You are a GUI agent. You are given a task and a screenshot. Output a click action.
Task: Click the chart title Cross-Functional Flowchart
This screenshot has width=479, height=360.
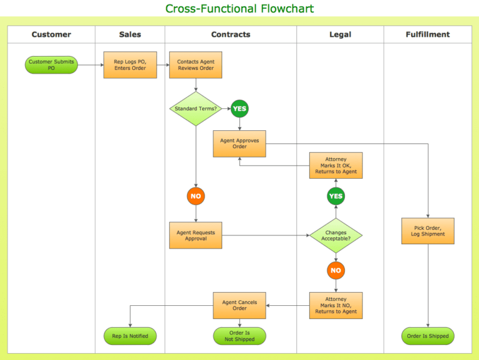pyautogui.click(x=239, y=9)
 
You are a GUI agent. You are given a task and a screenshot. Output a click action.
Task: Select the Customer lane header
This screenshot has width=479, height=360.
pyautogui.click(x=51, y=35)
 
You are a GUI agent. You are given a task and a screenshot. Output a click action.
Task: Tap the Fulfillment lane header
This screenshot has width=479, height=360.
pyautogui.click(x=427, y=35)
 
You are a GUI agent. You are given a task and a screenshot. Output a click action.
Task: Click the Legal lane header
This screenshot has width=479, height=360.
pyautogui.click(x=340, y=35)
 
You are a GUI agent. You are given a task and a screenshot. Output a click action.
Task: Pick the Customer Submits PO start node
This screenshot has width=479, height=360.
pyautogui.click(x=51, y=65)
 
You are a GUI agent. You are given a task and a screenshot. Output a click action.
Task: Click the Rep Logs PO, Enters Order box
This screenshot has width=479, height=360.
pyautogui.click(x=130, y=65)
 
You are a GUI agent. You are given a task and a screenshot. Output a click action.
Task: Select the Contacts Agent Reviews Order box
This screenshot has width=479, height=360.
pyautogui.click(x=195, y=65)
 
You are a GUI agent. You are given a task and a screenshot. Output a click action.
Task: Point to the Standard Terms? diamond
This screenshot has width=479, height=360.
pyautogui.click(x=195, y=108)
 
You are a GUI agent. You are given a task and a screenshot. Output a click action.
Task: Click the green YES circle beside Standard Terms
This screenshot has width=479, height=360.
pyautogui.click(x=239, y=108)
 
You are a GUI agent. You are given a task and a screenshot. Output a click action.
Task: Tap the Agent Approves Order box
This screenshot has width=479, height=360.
pyautogui.click(x=239, y=143)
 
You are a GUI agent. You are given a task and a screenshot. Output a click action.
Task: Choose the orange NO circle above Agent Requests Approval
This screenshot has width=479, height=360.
pyautogui.click(x=196, y=196)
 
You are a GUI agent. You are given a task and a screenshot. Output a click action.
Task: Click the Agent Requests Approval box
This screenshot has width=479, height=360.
pyautogui.click(x=195, y=235)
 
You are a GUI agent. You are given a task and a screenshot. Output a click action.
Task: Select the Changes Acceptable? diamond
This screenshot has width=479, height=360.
pyautogui.click(x=336, y=235)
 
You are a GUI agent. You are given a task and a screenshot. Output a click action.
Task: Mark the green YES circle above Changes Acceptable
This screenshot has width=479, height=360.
pyautogui.click(x=336, y=196)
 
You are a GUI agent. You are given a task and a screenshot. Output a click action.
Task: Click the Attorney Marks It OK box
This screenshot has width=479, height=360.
pyautogui.click(x=336, y=165)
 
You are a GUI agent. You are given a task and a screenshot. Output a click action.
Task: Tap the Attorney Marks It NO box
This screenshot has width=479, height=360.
pyautogui.click(x=336, y=305)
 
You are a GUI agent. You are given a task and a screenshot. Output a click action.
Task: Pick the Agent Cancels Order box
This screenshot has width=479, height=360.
pyautogui.click(x=239, y=305)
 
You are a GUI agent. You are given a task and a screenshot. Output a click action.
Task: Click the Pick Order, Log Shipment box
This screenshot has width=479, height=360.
pyautogui.click(x=428, y=230)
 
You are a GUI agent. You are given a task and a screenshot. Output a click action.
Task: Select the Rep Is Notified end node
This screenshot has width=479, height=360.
pyautogui.click(x=130, y=336)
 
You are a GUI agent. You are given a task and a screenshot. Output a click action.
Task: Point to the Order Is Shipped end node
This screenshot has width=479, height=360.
pyautogui.click(x=428, y=336)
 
